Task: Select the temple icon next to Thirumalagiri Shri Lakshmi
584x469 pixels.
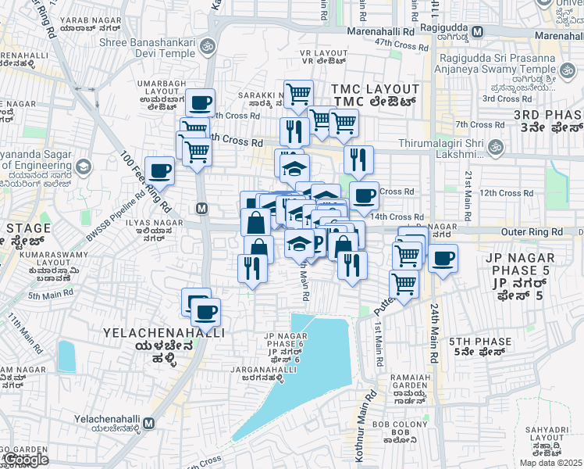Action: point(494,147)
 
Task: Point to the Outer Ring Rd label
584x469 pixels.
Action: point(532,232)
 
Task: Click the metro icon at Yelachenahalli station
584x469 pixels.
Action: point(148,423)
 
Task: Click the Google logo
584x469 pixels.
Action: point(25,460)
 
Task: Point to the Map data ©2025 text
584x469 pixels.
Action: point(550,463)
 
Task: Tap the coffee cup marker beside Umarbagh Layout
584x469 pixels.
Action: point(201,102)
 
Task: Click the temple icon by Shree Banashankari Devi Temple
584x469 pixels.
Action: point(207,48)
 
